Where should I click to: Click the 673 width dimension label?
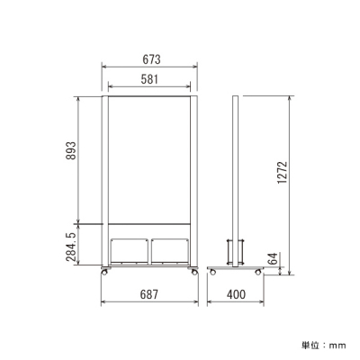point(151,59)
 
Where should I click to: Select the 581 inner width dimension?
point(149,79)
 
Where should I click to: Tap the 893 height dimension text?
point(71,155)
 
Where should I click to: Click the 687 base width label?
point(149,294)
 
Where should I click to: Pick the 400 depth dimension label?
point(236,294)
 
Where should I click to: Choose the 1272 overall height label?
point(283,173)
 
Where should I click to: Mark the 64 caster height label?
point(273,258)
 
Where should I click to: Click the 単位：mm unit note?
point(324,346)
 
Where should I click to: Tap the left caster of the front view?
point(104,272)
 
